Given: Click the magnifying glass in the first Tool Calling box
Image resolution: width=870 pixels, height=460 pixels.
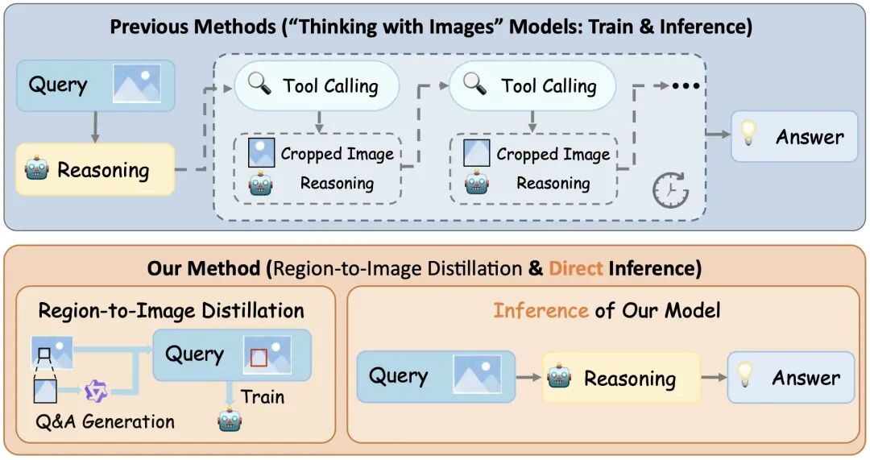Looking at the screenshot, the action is pos(259,85).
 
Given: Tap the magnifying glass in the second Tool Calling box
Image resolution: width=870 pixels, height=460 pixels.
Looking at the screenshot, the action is pos(475,84).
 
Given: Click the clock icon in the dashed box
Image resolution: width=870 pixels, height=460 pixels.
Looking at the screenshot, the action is pos(670,190).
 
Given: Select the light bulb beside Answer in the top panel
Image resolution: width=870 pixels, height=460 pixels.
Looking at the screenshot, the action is pos(748,133).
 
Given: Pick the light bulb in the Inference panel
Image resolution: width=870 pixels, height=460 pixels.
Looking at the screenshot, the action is pos(744,375).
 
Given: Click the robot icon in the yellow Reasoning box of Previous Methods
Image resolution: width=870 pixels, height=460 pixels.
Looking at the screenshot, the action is pos(36,168).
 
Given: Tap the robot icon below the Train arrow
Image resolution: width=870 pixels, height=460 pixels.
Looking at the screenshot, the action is pos(230,420).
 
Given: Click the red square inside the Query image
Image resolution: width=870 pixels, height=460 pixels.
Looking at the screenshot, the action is pos(259,358).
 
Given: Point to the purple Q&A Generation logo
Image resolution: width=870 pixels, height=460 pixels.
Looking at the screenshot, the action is pos(95,391).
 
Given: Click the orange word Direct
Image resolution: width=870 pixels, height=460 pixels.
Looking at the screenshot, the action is pos(575,268).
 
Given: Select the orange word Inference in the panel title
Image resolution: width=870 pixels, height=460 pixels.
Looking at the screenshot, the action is pos(541,310).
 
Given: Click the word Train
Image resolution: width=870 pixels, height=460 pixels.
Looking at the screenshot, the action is pos(263,396).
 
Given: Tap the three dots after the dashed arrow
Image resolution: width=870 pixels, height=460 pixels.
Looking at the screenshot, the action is pos(686,86).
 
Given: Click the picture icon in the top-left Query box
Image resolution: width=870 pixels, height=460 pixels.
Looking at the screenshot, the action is pos(137,84).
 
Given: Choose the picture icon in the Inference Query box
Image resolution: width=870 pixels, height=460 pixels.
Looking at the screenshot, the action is pos(477,375).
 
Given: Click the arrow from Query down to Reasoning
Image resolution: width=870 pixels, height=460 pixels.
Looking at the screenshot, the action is pos(95,127).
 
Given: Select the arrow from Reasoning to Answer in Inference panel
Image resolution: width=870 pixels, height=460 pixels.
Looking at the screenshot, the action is pos(714,377).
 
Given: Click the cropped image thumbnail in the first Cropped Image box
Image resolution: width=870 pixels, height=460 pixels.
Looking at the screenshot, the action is pos(261,152).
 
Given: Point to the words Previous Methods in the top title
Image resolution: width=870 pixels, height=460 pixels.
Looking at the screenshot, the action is pos(193,27).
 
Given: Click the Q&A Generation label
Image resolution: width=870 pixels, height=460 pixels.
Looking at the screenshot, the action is pos(105,421).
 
